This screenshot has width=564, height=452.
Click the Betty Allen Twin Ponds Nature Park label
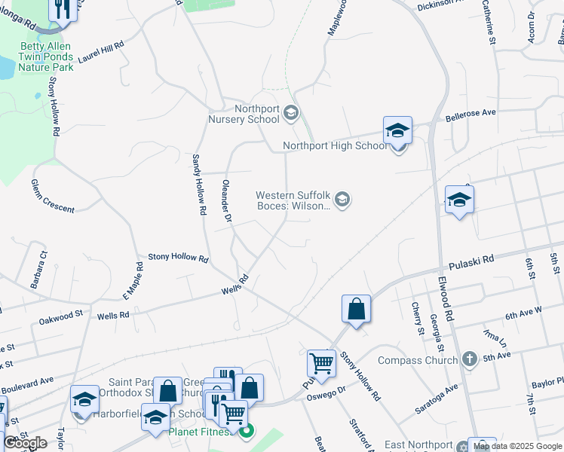[x=46, y=56]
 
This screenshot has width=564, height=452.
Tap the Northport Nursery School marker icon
[x=292, y=114]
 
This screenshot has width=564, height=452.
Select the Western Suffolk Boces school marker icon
[x=342, y=200]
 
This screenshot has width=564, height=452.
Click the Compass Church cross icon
[x=470, y=359]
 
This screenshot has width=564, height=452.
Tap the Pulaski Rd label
[x=471, y=263]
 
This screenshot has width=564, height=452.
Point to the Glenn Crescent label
[x=53, y=196]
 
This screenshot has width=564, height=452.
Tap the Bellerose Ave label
[x=471, y=113]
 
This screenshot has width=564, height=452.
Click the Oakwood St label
[x=60, y=318]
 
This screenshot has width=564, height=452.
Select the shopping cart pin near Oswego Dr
[x=322, y=364]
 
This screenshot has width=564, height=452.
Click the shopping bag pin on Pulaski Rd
[x=356, y=309]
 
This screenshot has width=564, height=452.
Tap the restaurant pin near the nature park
[x=62, y=9]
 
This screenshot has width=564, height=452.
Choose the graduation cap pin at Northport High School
[x=397, y=130]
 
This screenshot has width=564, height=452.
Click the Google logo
[x=25, y=443]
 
